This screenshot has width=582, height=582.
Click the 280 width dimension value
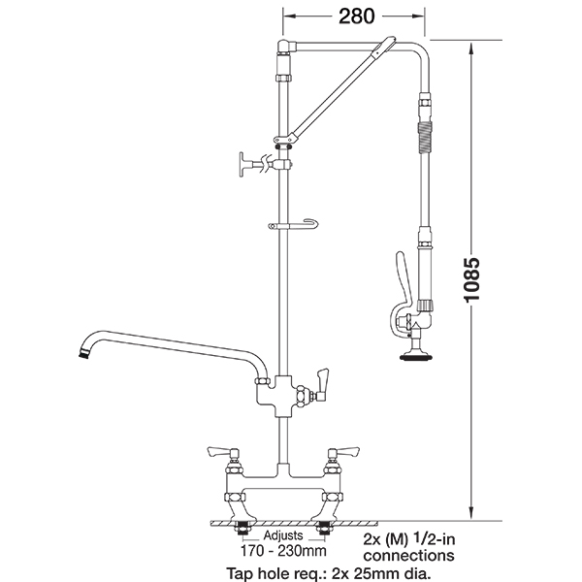pyautogui.click(x=356, y=16)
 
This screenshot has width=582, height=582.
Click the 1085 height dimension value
pyautogui.click(x=472, y=279)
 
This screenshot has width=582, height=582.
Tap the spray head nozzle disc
pyautogui.click(x=416, y=358)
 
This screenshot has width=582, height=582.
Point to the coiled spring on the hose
pyautogui.click(x=424, y=139)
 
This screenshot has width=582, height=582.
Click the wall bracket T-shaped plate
pyautogui.click(x=242, y=164)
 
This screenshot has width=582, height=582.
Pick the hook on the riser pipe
pyautogui.click(x=294, y=225)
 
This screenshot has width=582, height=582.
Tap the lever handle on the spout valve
pyautogui.click(x=321, y=384)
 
